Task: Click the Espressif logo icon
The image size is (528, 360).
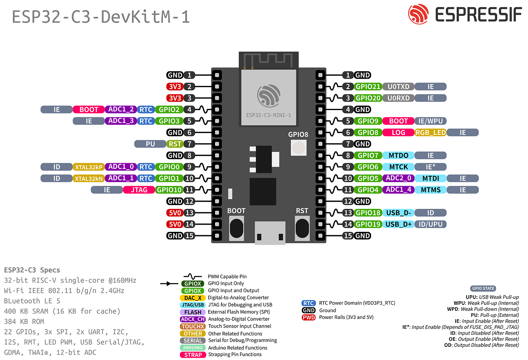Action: [x=418, y=14]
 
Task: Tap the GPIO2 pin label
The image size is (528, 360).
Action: [x=169, y=110]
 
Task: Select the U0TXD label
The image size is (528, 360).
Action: [x=398, y=87]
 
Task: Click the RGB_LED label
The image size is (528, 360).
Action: [x=430, y=133]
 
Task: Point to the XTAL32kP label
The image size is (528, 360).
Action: [x=89, y=167]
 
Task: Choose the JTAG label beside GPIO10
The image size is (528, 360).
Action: [x=139, y=190]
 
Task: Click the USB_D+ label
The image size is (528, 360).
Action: [x=398, y=224]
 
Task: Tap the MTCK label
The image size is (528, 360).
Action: [x=398, y=167]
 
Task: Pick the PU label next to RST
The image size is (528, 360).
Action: [x=150, y=144]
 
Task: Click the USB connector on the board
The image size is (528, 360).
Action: [x=270, y=233]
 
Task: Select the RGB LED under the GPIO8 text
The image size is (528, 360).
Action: [x=298, y=147]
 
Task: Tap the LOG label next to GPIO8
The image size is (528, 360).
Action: [x=398, y=133]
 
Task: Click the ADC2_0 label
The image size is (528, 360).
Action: [x=398, y=178]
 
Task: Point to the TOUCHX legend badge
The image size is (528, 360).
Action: [x=193, y=326]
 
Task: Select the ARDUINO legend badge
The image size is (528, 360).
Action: [x=193, y=348]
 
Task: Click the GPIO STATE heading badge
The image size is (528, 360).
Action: [x=483, y=288]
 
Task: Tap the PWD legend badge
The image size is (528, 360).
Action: [x=309, y=317]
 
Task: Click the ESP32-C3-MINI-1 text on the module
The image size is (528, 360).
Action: [x=269, y=115]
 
